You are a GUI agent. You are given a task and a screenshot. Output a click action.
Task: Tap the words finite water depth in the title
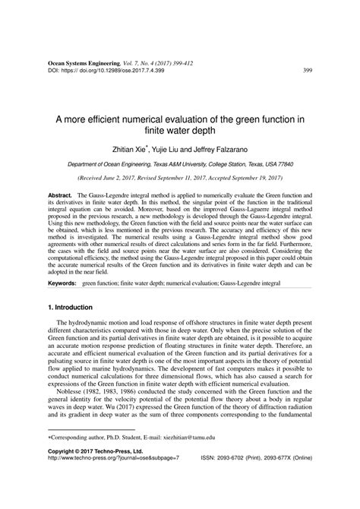tap(180, 129)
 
